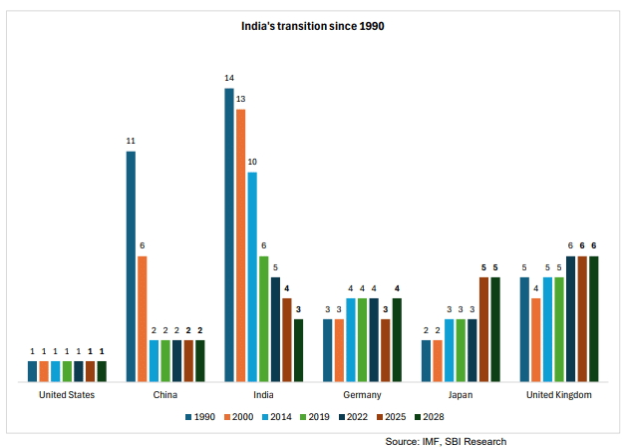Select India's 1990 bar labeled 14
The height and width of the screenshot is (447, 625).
(x=229, y=234)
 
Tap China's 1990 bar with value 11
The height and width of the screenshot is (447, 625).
(x=131, y=266)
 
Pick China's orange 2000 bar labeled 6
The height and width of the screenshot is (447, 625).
(x=143, y=319)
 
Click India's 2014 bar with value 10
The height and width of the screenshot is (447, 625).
(x=252, y=276)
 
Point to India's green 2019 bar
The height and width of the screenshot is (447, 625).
(x=263, y=319)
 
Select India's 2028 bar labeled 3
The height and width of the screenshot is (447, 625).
(x=298, y=350)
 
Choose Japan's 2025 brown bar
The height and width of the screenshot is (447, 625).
(x=484, y=329)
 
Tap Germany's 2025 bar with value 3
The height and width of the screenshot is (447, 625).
(x=386, y=350)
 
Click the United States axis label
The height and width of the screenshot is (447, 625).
(x=67, y=395)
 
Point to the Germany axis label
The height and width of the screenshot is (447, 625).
(x=362, y=395)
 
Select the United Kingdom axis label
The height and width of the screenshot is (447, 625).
(x=559, y=395)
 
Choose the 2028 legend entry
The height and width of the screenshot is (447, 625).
(x=437, y=417)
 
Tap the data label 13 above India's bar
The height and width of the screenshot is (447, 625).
(x=240, y=99)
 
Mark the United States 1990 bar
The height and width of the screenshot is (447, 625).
(x=33, y=371)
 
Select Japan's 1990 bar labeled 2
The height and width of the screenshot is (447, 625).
(x=427, y=361)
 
